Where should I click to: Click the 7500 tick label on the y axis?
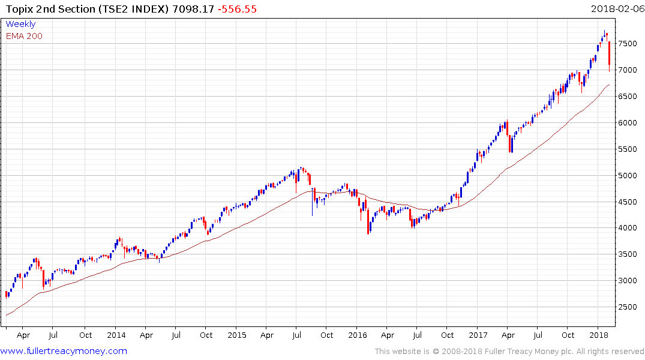point(629,44)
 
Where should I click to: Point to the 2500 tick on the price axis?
point(629,307)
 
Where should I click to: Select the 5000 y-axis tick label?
point(629,176)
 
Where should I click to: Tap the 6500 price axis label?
point(629,97)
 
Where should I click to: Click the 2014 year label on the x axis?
point(116,335)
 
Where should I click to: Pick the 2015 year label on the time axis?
point(237,335)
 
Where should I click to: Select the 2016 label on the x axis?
point(358,335)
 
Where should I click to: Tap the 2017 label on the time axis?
point(478,335)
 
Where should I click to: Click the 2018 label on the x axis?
point(598,335)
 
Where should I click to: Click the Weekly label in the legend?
point(20,24)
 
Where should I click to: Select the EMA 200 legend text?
point(24,36)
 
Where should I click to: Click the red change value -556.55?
point(238,9)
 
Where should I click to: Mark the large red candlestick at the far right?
point(610,54)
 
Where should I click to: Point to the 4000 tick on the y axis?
point(629,228)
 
